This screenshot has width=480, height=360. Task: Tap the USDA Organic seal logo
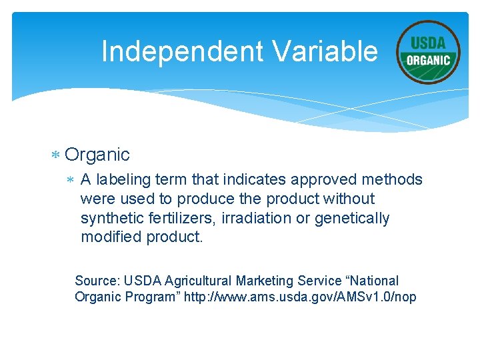428,52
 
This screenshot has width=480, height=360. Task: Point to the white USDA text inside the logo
428,43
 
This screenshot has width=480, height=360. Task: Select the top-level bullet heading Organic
97,155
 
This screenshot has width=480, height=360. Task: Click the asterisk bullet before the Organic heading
56,155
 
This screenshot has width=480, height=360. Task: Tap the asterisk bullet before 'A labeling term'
71,180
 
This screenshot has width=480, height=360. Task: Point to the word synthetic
110,218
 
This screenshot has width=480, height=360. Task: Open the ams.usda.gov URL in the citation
304,297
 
